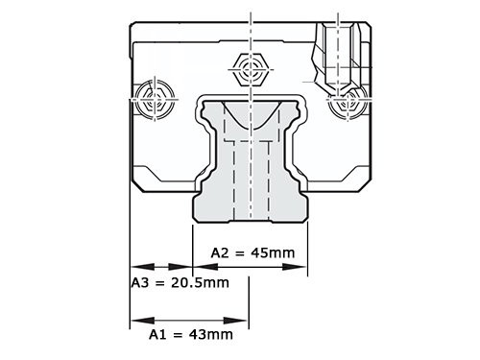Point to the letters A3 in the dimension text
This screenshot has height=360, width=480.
[138, 283]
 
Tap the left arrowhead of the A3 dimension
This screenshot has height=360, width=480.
[138, 266]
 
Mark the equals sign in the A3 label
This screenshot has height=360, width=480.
[158, 283]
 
